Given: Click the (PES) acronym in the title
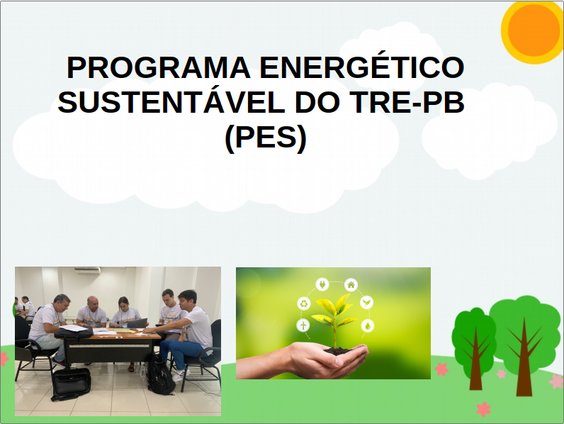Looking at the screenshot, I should (x=265, y=138).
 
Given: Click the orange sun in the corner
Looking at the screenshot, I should (x=534, y=28).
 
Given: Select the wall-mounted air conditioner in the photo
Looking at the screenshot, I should (x=87, y=269).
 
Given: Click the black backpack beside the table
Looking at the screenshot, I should (x=159, y=376).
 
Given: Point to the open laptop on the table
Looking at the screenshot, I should (x=137, y=323).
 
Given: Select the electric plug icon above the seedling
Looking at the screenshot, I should (x=322, y=284).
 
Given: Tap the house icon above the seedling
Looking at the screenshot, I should (x=351, y=284).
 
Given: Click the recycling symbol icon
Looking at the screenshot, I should (x=304, y=303).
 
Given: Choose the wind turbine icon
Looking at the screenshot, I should (x=303, y=325).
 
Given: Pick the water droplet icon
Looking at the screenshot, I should (x=368, y=325).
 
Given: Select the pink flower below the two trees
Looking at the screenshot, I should (x=484, y=409).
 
